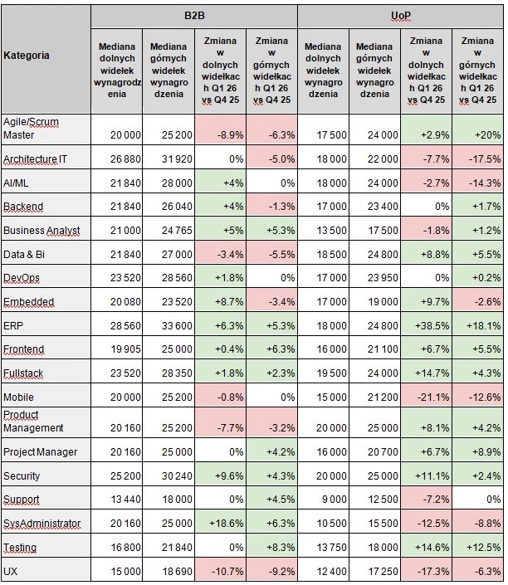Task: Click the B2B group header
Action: coord(193,16)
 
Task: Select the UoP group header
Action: coord(400,16)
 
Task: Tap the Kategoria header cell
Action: coord(27,56)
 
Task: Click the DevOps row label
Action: coord(22,277)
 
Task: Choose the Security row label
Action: coord(22,476)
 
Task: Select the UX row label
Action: coord(11,572)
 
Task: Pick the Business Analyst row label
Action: coord(42,230)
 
